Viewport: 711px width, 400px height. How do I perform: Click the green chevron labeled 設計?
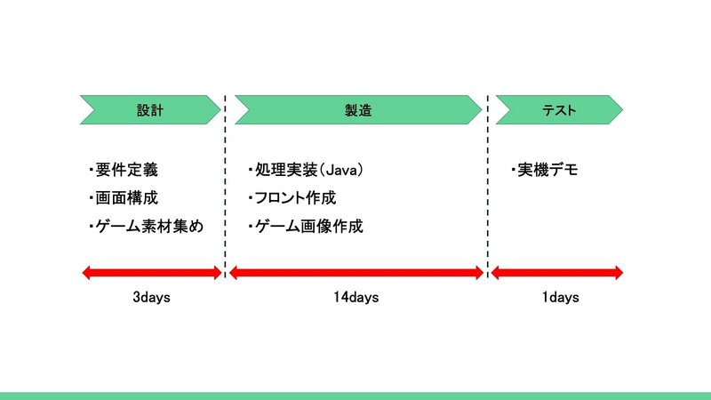coord(150,109)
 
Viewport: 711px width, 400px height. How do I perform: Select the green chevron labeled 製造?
coord(358,109)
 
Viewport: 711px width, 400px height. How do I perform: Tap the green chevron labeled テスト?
coord(559,109)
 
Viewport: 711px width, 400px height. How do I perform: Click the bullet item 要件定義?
coord(124,170)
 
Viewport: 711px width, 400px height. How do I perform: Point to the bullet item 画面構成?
coord(124,198)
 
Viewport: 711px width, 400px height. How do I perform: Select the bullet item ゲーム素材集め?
coord(146,227)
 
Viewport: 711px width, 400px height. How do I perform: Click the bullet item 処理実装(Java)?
coord(306,170)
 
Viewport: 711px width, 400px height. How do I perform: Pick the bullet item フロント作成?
coord(292,198)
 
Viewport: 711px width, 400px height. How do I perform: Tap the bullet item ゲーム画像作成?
coord(306,227)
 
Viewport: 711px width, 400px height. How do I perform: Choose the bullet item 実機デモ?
coord(544,170)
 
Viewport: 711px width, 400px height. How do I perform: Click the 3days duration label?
coord(151,298)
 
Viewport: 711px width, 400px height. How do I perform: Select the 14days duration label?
coord(356,298)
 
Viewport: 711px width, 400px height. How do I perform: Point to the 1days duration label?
coord(561,298)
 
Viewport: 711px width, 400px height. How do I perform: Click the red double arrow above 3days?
coord(152,273)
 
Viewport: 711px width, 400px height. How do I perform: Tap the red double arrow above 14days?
coord(356,273)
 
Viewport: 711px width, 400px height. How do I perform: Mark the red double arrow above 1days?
coord(557,273)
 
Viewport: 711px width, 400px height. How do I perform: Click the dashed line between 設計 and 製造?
coord(225,186)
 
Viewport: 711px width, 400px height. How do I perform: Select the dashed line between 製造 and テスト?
coord(487,186)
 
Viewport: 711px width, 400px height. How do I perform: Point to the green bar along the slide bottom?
coord(355,396)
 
